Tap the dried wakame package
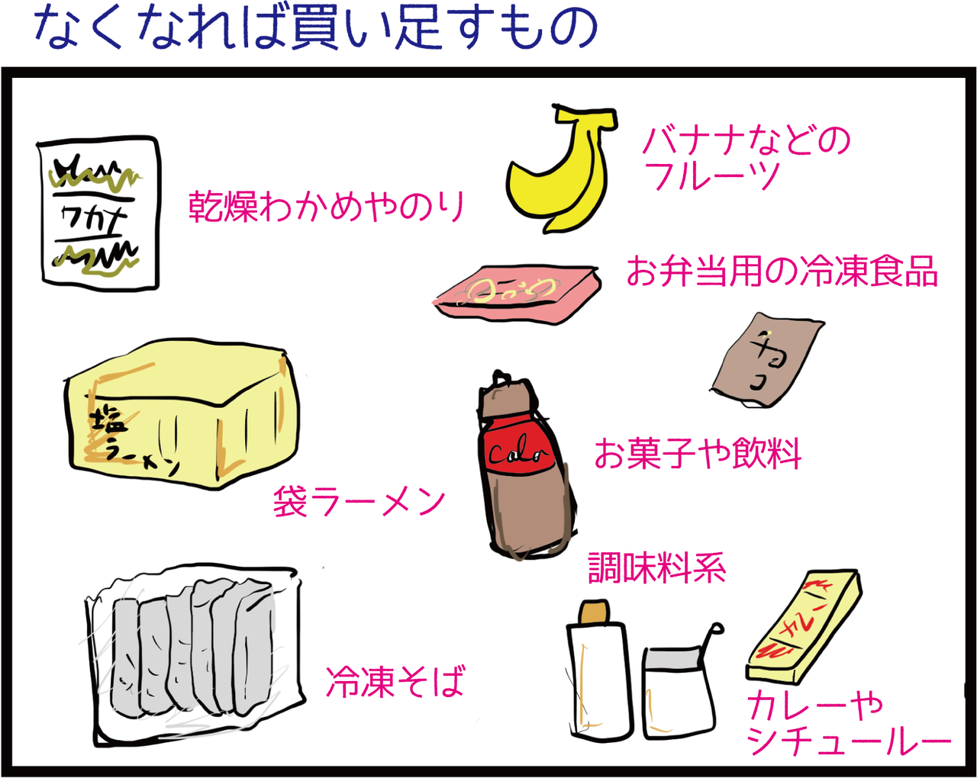tap(99, 214)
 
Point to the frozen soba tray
tap(195, 652)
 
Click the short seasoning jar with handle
tap(678, 690)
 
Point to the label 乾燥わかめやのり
tap(327, 206)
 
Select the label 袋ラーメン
tap(359, 502)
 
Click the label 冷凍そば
tap(395, 681)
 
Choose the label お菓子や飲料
tap(697, 454)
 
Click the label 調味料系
tap(656, 568)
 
